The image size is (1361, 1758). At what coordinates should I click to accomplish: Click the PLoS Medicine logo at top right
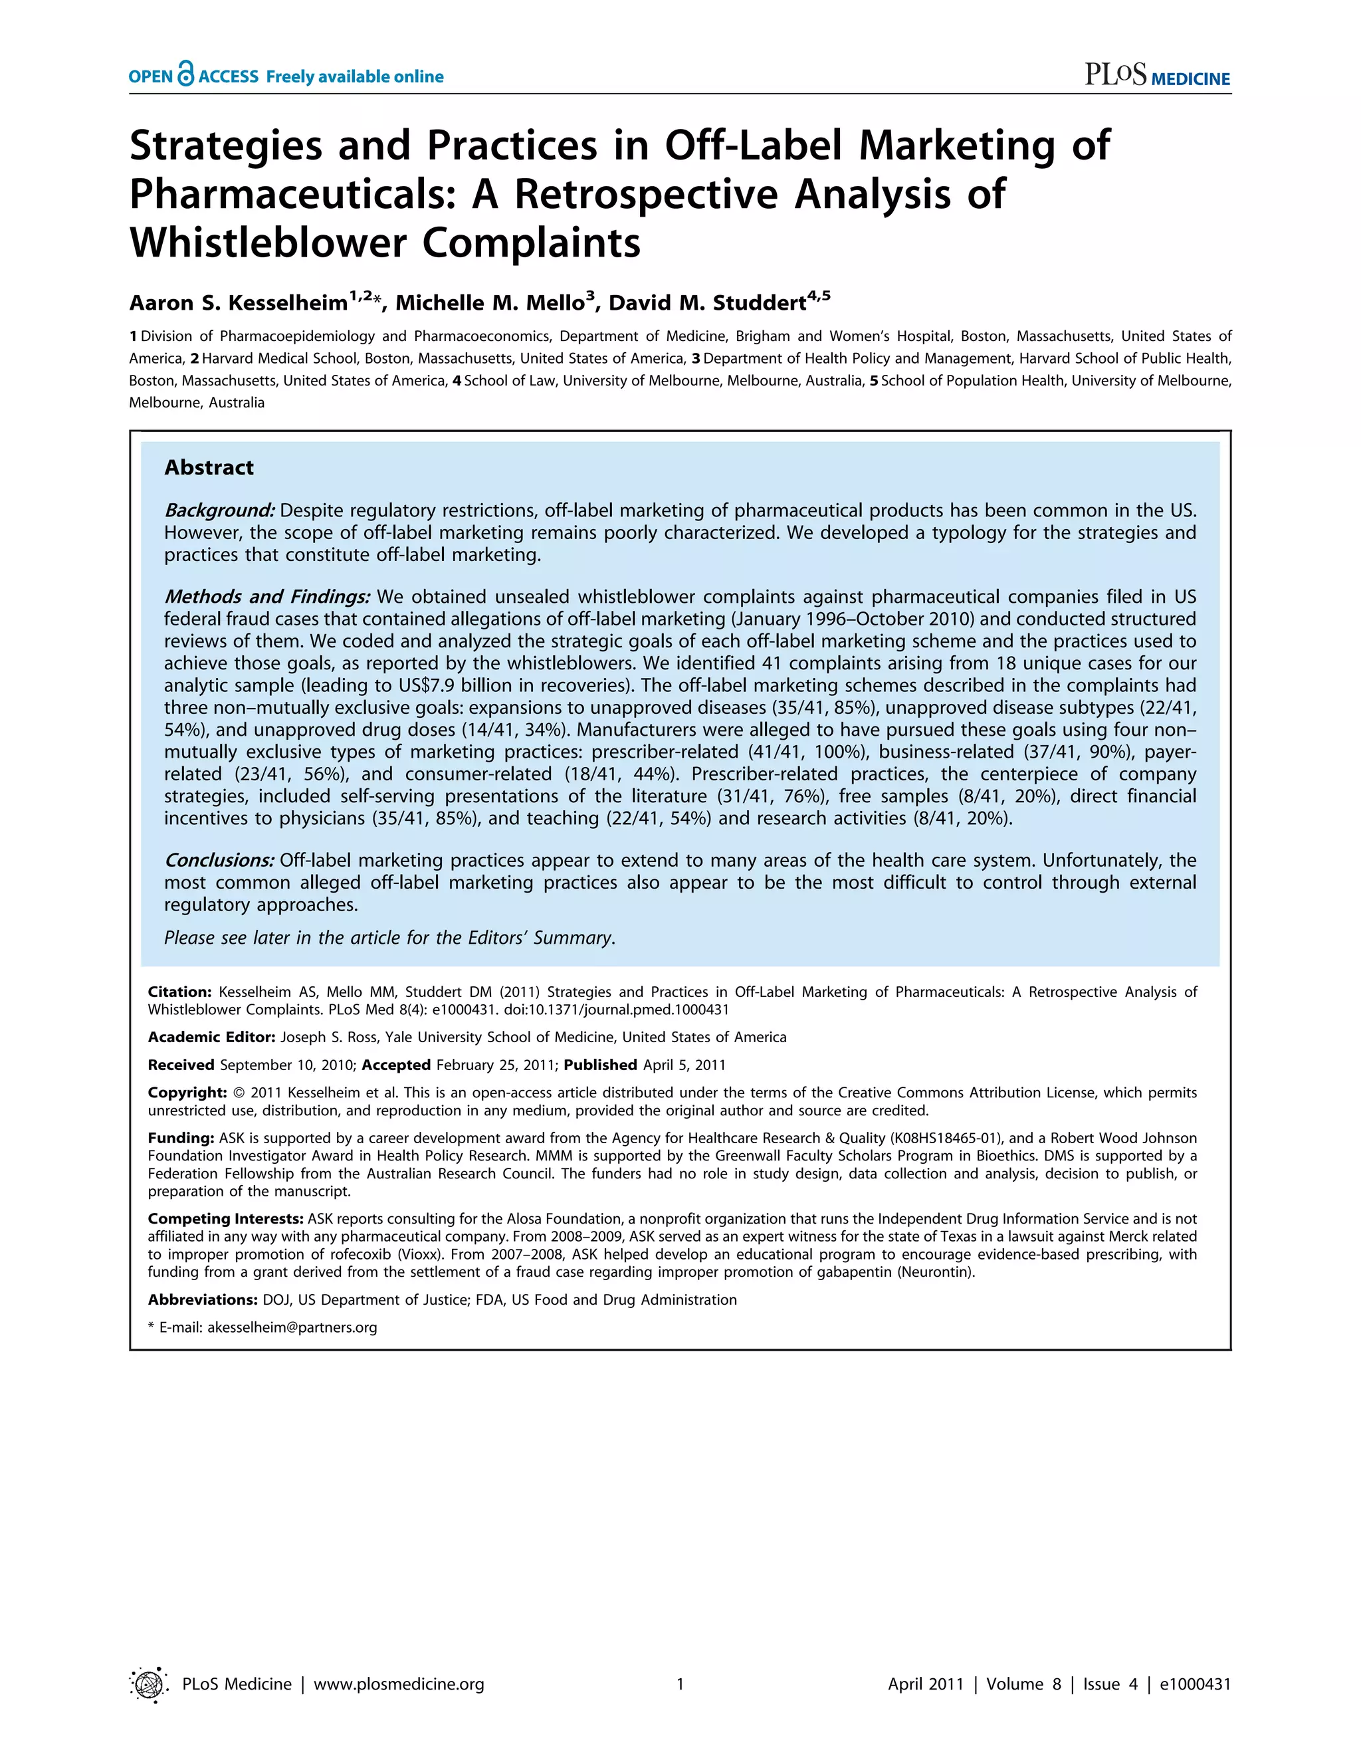[1156, 76]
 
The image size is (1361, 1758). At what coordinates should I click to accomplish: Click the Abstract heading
[209, 468]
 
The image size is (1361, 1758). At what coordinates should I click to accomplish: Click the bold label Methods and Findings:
[267, 596]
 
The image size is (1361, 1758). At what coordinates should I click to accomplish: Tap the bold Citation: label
[179, 992]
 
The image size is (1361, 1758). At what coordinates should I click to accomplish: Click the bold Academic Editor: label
[211, 1037]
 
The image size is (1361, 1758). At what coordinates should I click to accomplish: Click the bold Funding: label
[180, 1137]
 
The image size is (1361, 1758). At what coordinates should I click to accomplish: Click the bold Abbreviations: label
[202, 1299]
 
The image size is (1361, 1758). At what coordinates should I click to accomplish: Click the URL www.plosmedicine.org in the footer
[399, 1684]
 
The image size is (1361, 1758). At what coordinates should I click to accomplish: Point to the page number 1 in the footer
[680, 1684]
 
